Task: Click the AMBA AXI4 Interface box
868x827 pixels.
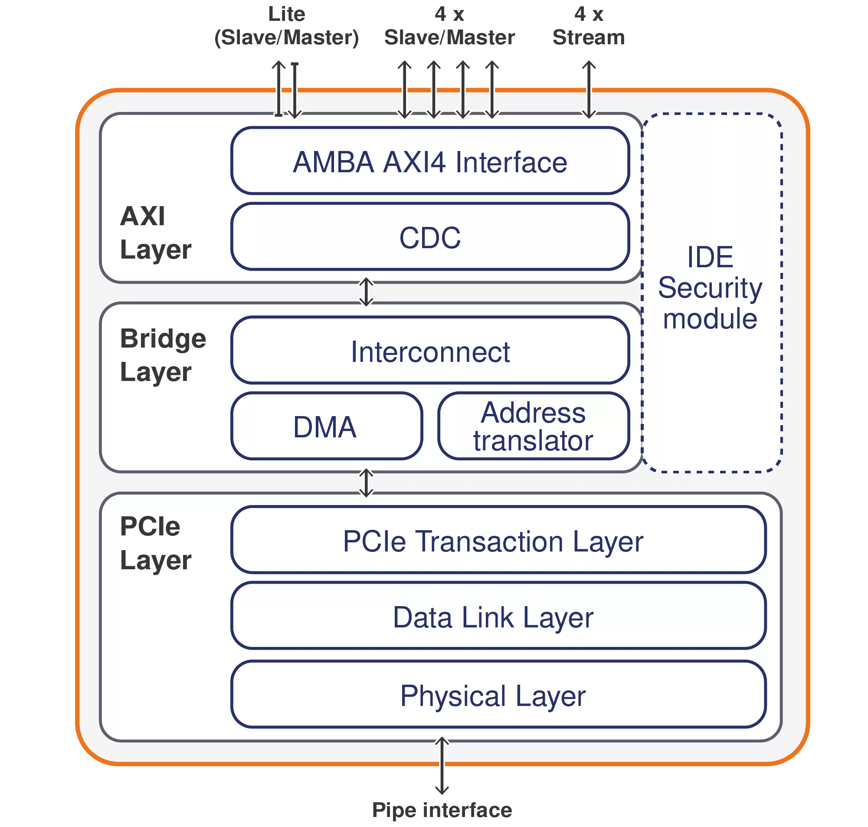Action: point(429,161)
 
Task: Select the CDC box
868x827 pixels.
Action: point(429,237)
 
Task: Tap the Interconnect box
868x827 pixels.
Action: point(429,351)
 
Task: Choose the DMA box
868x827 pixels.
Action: point(326,426)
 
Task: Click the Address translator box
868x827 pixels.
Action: point(533,426)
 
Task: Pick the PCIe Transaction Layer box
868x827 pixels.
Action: point(498,540)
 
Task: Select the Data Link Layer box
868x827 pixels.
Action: point(498,616)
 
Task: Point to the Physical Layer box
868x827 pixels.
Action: point(498,695)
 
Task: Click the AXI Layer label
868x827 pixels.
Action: point(155,233)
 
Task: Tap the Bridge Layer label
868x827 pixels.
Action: point(163,355)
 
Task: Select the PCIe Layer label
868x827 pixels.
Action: point(155,544)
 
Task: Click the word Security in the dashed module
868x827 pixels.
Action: point(710,288)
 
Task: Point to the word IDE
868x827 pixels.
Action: point(710,257)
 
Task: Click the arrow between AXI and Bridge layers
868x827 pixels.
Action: point(366,292)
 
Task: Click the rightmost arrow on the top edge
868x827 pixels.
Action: point(589,89)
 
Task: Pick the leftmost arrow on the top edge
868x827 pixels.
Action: point(278,89)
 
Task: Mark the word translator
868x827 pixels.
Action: point(533,441)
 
